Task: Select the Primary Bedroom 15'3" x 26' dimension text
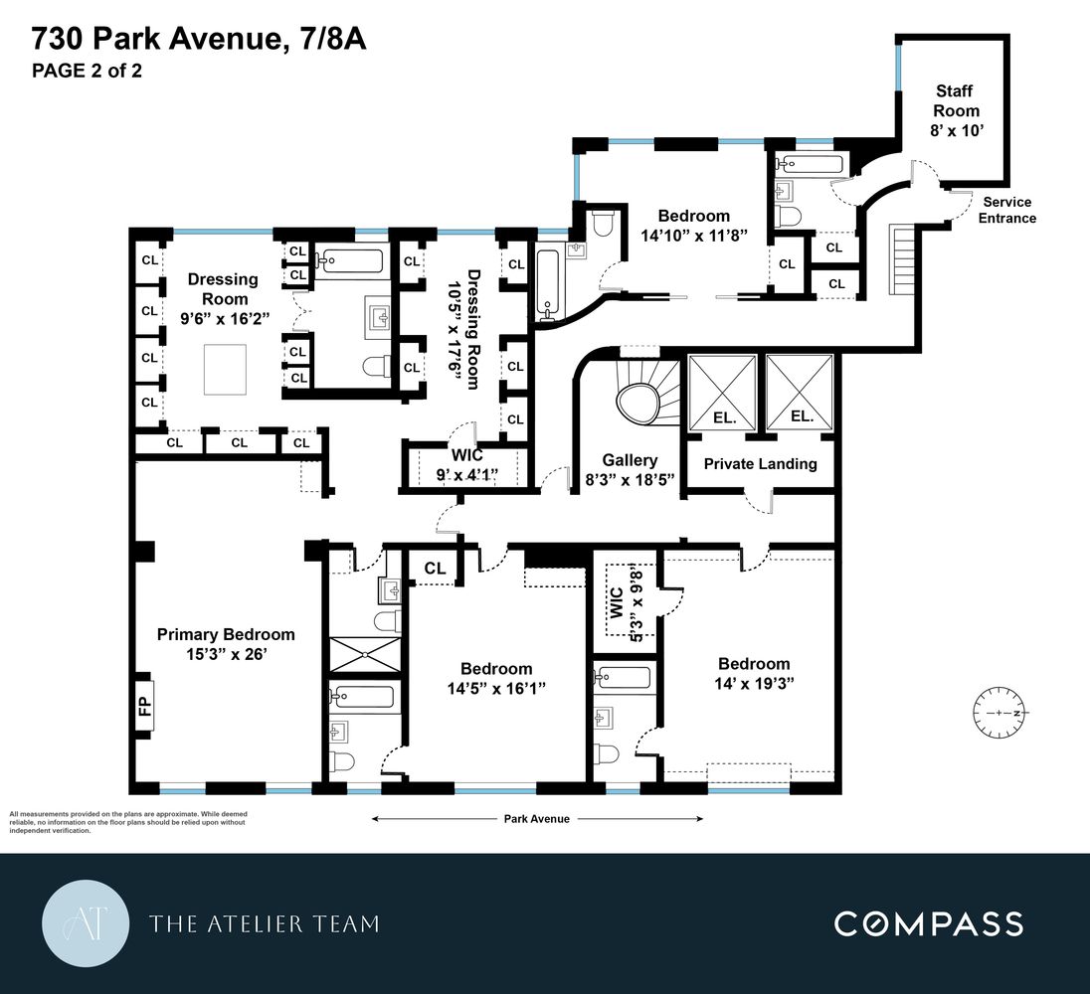coord(226,655)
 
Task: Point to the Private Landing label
coord(760,463)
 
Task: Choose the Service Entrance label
coord(1005,210)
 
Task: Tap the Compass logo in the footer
coord(927,923)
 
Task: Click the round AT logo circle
coord(85,923)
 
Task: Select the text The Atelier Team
coord(264,924)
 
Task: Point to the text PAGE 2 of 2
coord(87,71)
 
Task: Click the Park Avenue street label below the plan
coord(536,819)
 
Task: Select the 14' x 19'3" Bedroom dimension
coord(754,684)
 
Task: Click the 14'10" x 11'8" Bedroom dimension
coord(693,236)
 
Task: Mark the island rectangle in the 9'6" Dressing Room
coord(226,368)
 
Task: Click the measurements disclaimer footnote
coord(127,822)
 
